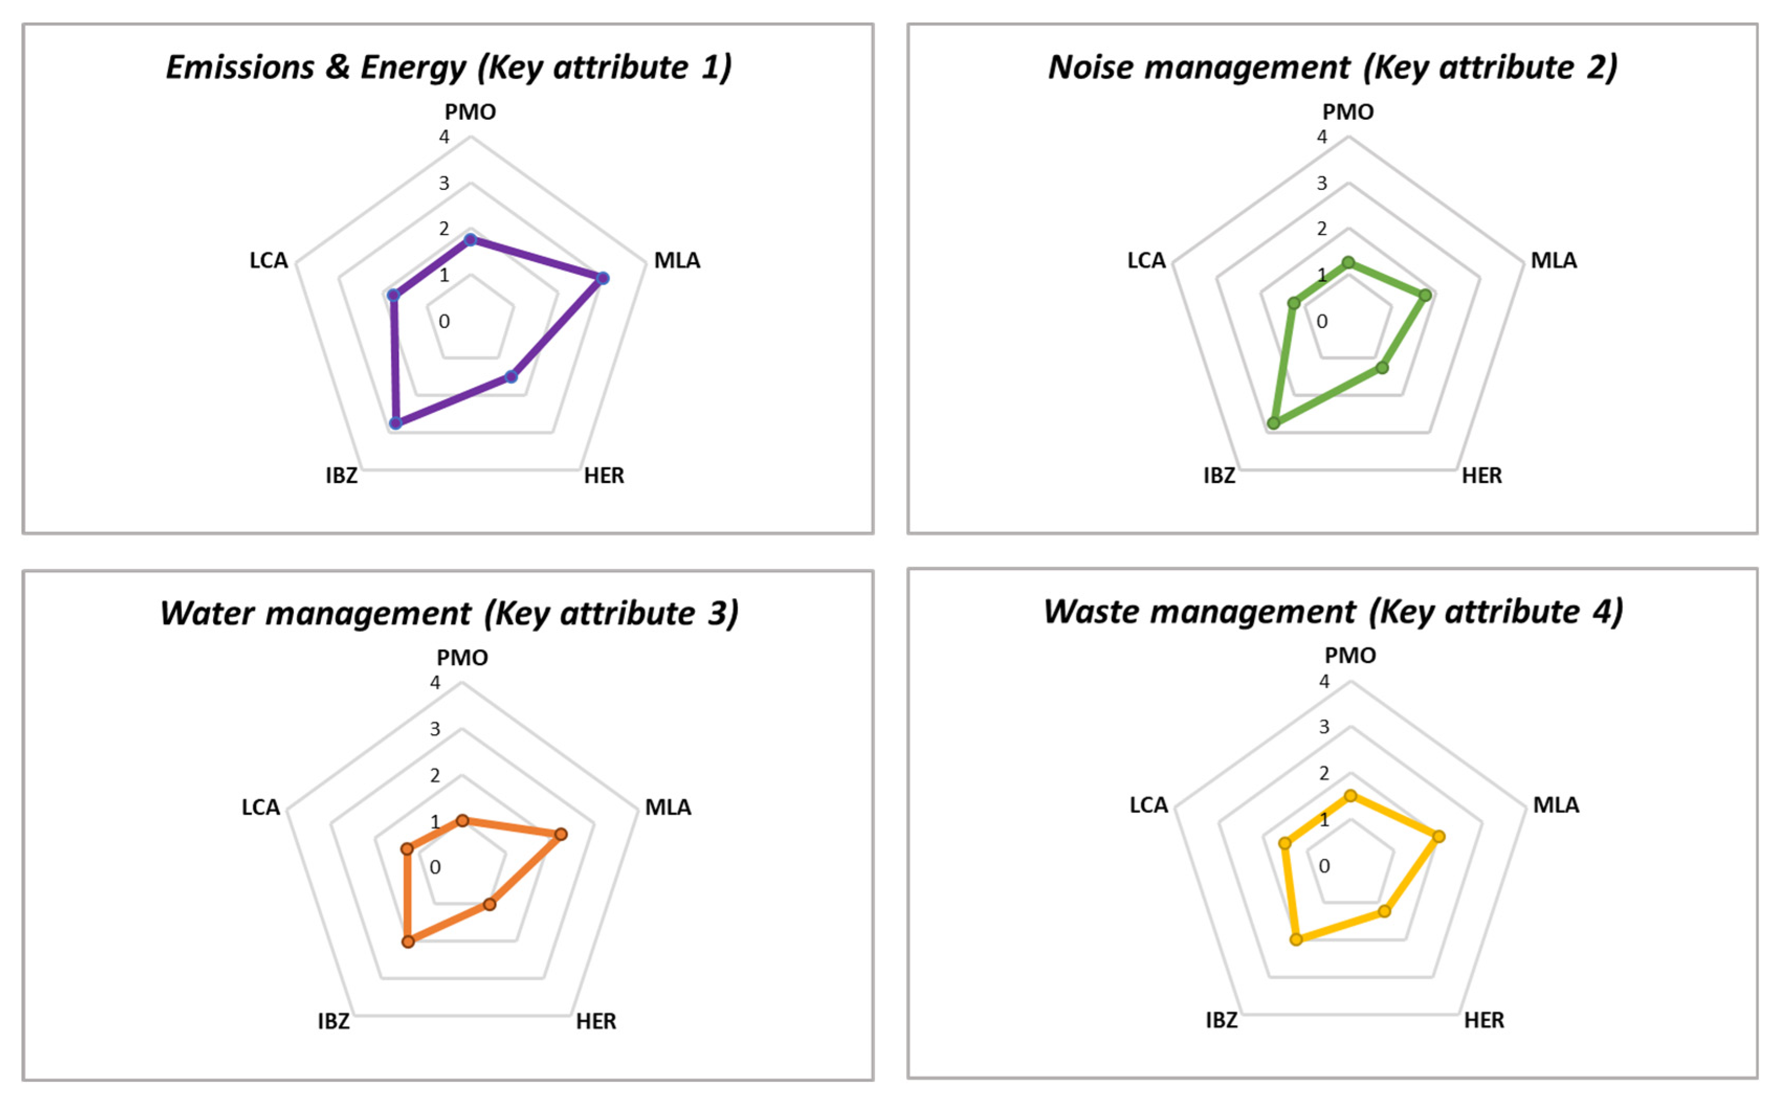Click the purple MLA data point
[603, 278]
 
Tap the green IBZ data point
[1273, 423]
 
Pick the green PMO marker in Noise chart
[1349, 262]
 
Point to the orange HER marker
[489, 904]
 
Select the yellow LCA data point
[1285, 843]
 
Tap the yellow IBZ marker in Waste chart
[1296, 939]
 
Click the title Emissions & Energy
[448, 67]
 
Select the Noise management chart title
[1332, 67]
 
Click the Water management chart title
[449, 613]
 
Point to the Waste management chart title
[1332, 612]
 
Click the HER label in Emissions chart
[604, 476]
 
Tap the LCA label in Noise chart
[1146, 260]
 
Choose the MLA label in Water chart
[668, 807]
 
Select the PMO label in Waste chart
[1350, 655]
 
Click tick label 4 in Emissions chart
[443, 137]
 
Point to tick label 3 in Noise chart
[1321, 183]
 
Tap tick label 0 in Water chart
[435, 867]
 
